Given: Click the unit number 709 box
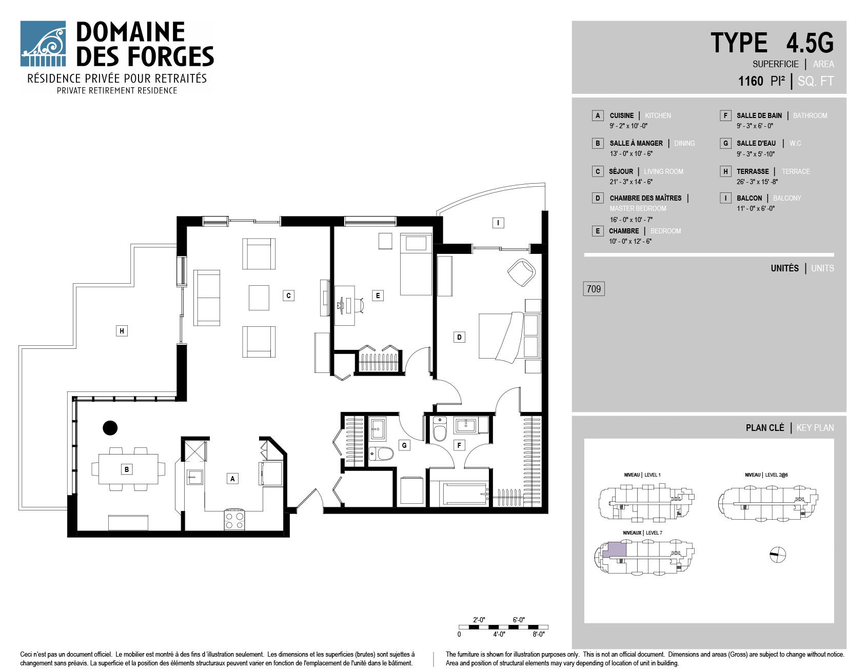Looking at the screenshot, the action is tap(594, 289).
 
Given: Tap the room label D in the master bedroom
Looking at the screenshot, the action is tap(459, 337).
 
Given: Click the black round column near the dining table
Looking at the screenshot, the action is tap(110, 427).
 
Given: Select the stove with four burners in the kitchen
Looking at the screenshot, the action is tap(234, 519).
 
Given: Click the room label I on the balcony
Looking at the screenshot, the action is tap(498, 223).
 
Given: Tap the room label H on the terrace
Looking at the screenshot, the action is tap(122, 331).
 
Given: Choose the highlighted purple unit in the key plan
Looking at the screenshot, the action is tap(614, 550).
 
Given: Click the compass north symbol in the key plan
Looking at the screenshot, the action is tap(778, 554).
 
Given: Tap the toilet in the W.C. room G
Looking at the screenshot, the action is tap(381, 454).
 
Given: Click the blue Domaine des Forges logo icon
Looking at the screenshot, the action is tap(43, 44).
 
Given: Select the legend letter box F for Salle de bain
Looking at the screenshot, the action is tap(725, 115).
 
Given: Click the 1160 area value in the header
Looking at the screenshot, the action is tap(751, 81).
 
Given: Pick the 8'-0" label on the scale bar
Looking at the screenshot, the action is tap(538, 634).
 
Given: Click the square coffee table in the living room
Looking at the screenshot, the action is tap(259, 298).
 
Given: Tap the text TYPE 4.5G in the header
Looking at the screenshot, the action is tap(772, 43).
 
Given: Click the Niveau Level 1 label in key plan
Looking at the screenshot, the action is tap(642, 475).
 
